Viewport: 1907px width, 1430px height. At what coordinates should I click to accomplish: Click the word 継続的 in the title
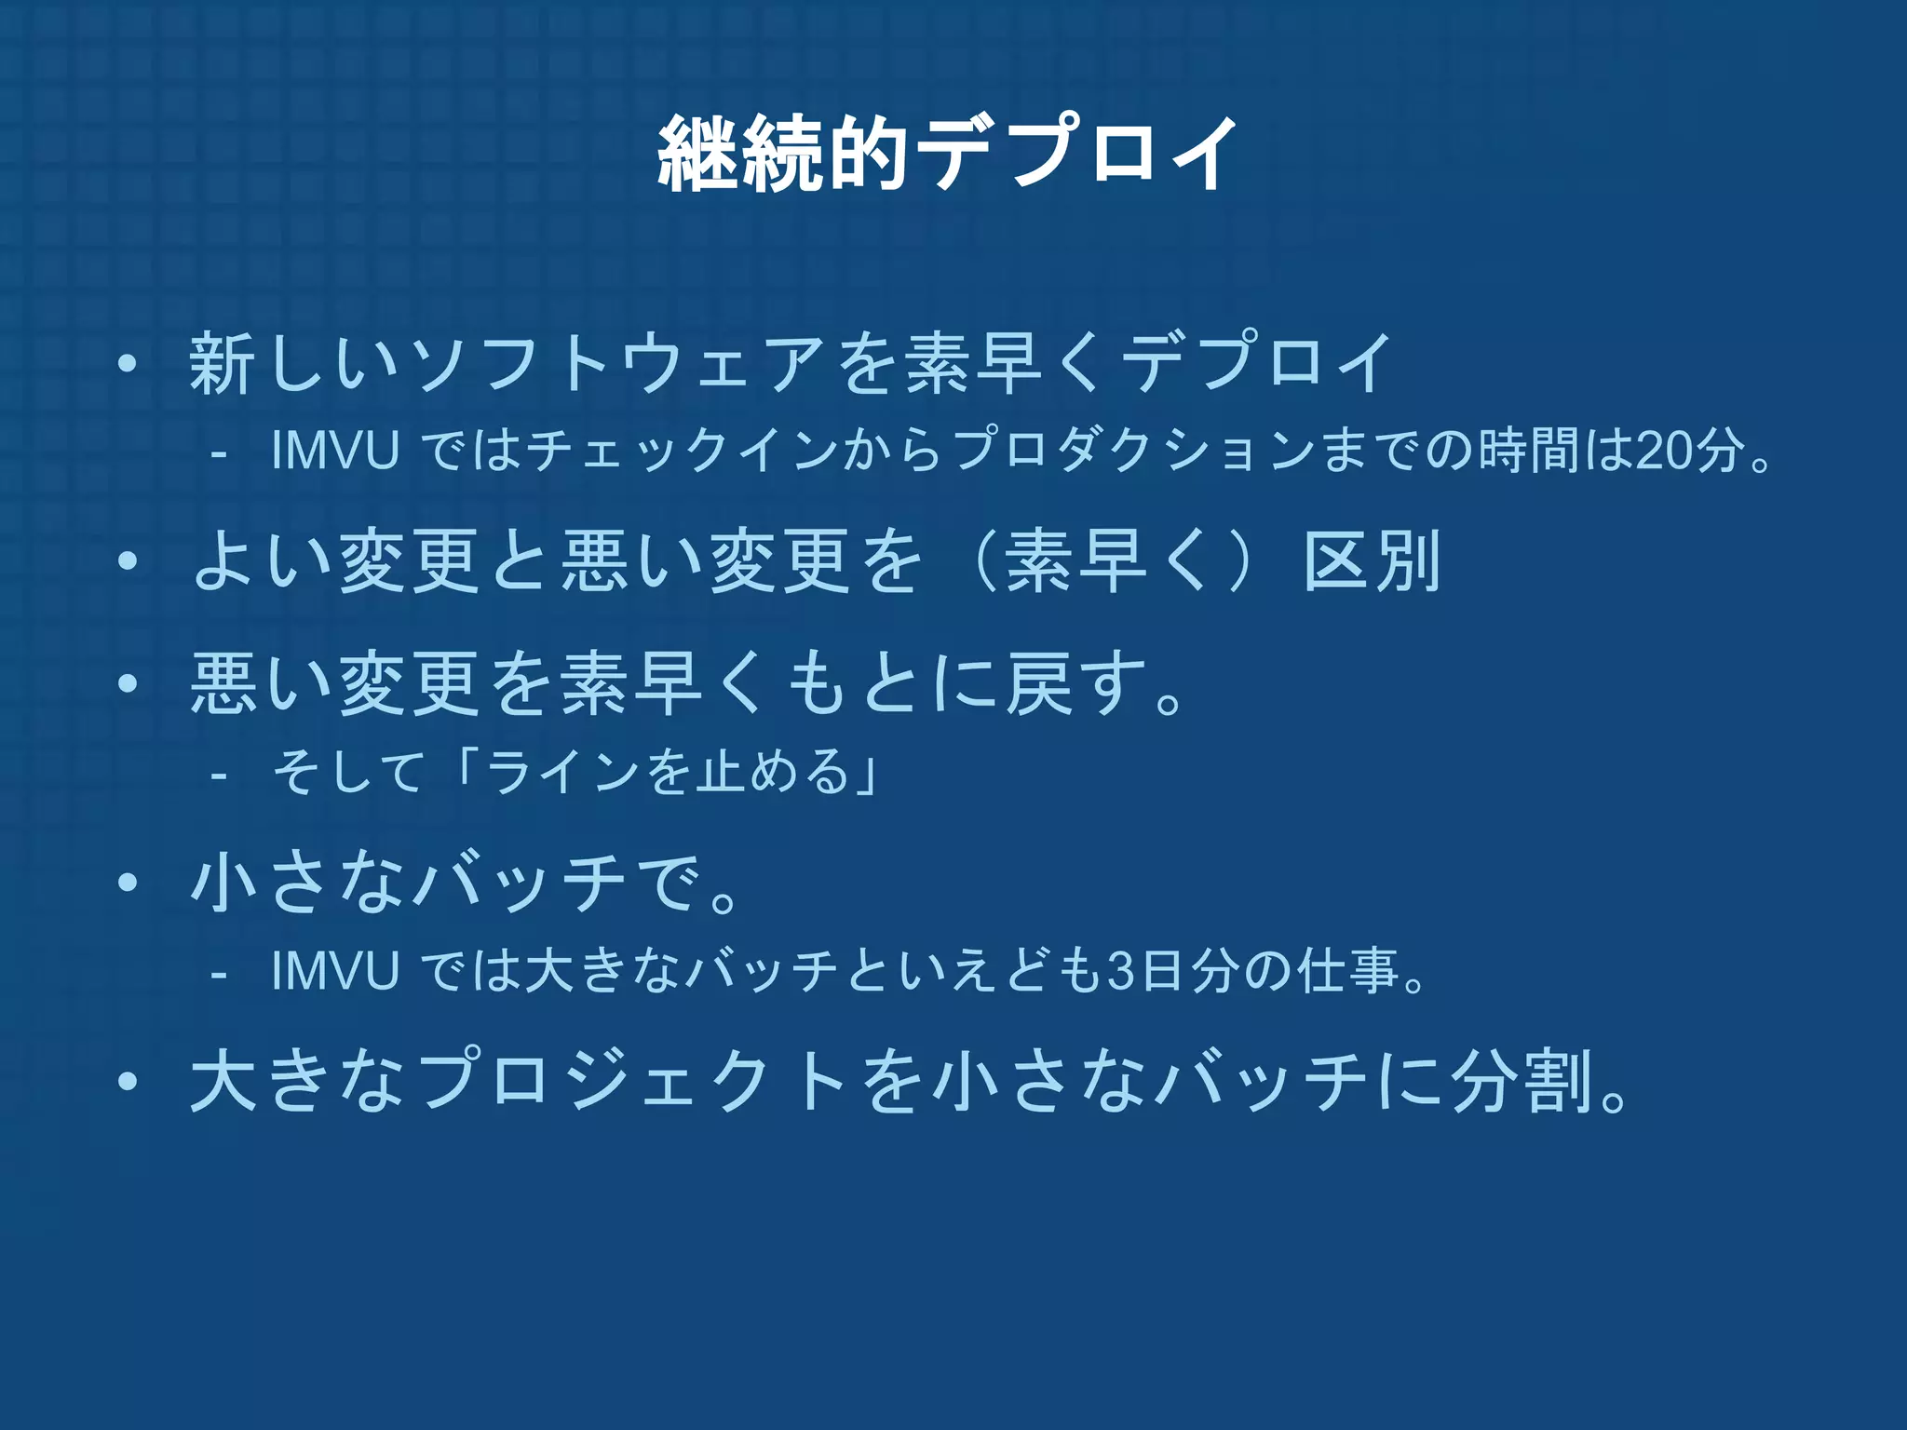(x=782, y=155)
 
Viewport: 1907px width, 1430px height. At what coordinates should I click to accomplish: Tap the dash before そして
(x=220, y=774)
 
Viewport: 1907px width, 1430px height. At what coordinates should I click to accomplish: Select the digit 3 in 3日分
(x=1119, y=970)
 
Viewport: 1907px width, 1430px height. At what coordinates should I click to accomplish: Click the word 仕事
(x=1347, y=970)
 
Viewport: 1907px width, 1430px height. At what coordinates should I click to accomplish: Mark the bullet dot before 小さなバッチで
(x=128, y=883)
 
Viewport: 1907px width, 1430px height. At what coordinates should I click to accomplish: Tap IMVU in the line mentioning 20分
(x=335, y=451)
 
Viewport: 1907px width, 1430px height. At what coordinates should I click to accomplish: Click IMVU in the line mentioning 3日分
(x=335, y=970)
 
